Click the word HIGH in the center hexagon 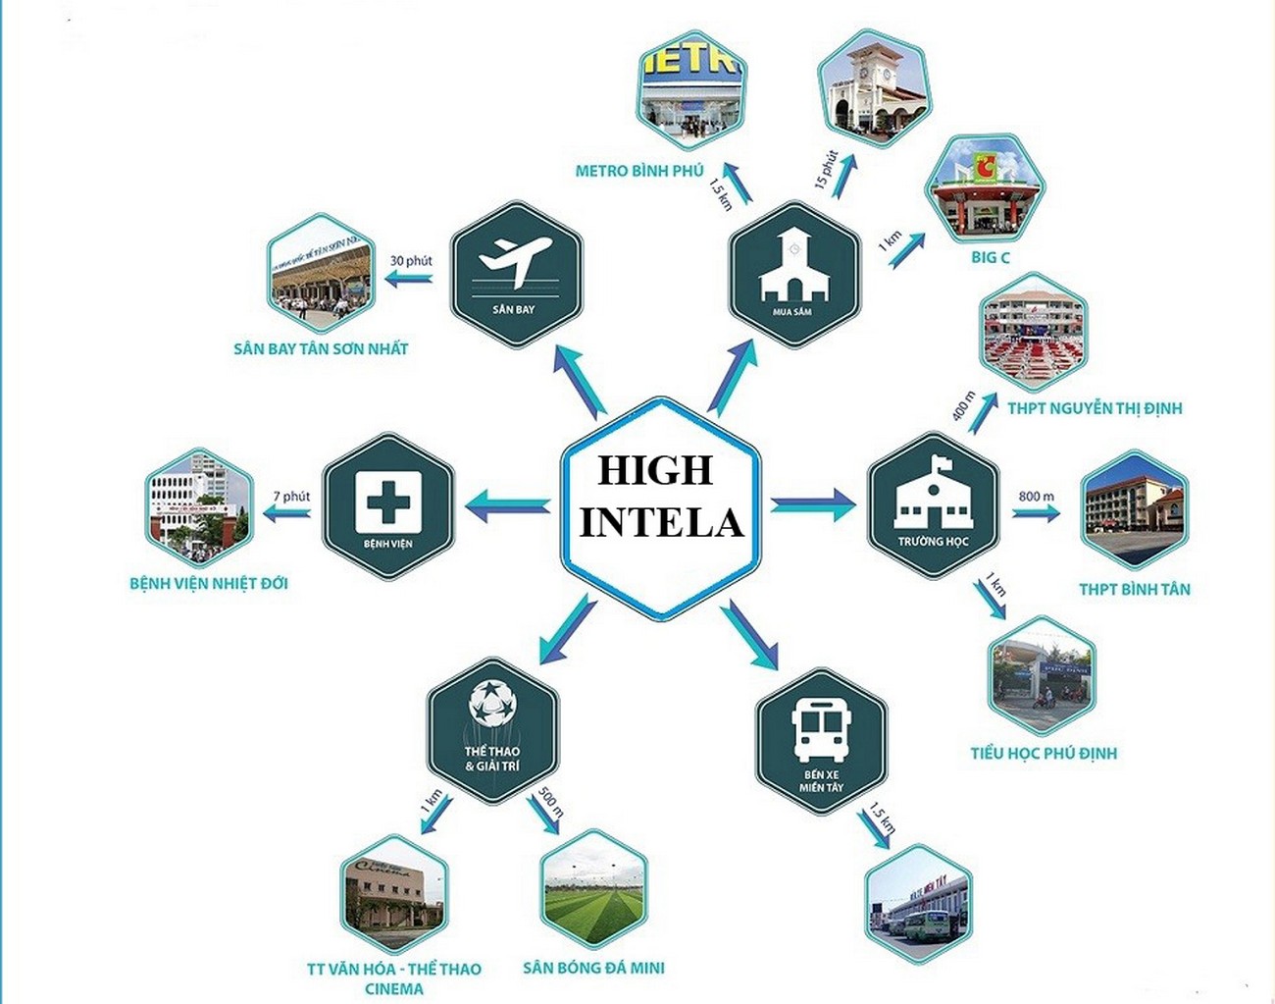(655, 471)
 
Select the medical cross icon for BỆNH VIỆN (388, 500)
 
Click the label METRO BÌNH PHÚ (639, 171)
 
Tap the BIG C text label (990, 257)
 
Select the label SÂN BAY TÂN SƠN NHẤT (321, 348)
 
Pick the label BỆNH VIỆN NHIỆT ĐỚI (209, 584)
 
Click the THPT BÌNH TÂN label (1135, 590)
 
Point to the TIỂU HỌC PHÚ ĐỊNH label (1044, 754)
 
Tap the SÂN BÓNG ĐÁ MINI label (593, 968)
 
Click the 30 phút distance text (411, 261)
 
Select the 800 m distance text (1036, 497)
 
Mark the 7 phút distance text (291, 497)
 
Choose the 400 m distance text (963, 405)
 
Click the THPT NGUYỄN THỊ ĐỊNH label (1095, 408)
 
